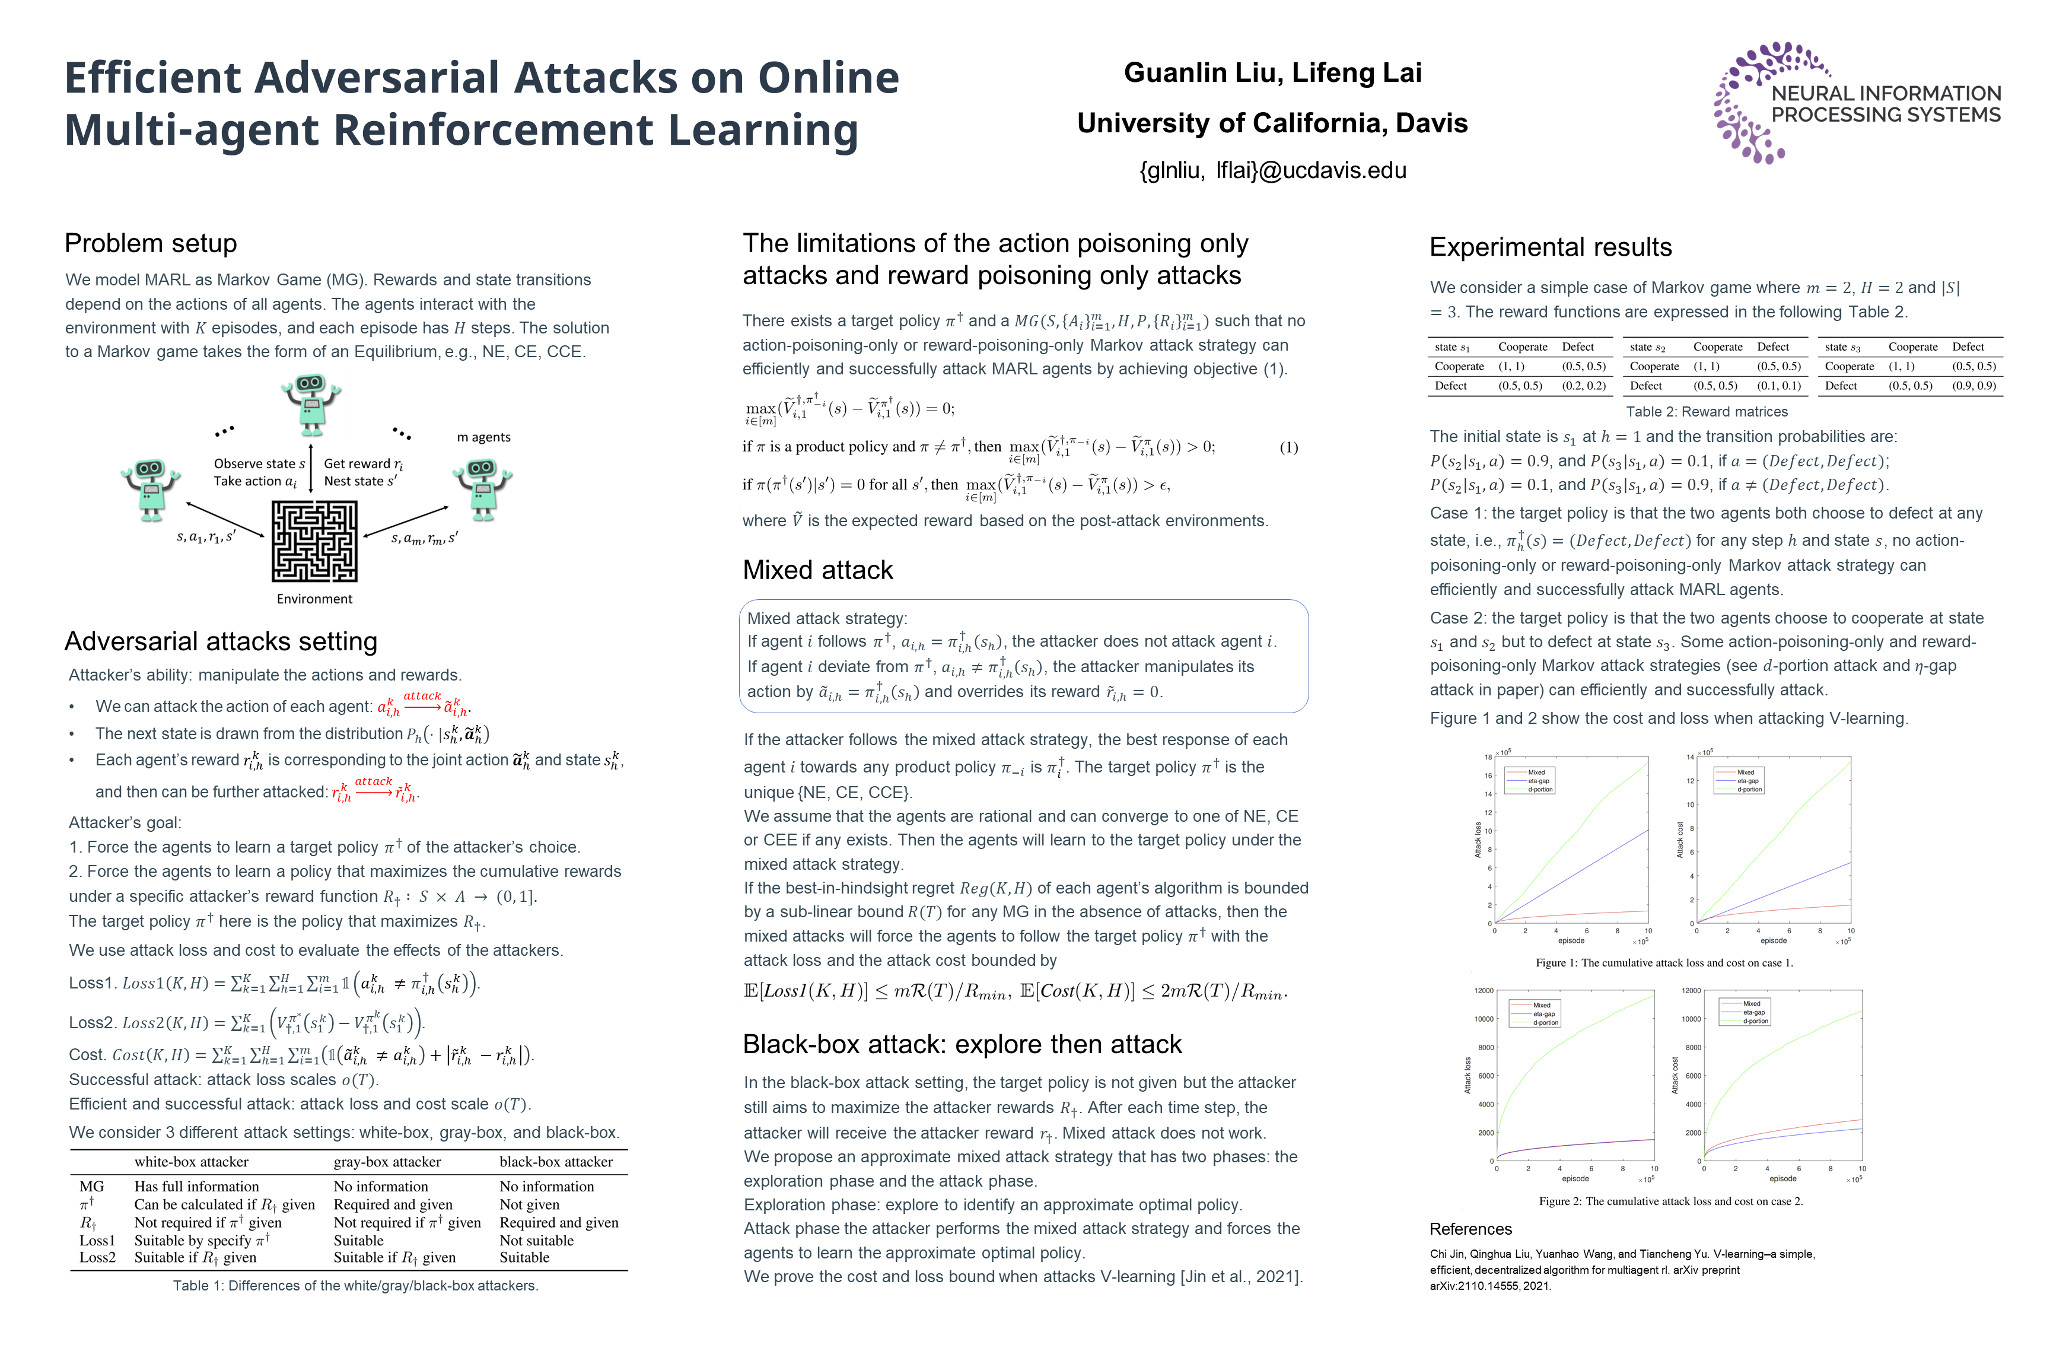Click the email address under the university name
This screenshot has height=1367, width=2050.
coord(1272,170)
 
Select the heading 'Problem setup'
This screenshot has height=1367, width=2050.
coord(151,243)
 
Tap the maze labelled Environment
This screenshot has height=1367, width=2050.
coord(314,541)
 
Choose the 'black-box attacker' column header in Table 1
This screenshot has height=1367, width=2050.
coord(555,1162)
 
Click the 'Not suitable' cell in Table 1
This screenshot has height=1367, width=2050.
coord(536,1241)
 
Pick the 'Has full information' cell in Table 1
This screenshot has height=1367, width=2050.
coord(196,1187)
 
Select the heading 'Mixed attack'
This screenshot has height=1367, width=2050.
coord(817,570)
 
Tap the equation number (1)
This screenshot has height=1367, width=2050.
coord(1288,447)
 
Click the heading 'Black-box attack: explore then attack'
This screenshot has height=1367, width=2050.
coord(962,1044)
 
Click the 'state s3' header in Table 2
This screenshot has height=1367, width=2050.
coord(1842,347)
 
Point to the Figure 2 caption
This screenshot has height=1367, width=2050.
coord(1670,1201)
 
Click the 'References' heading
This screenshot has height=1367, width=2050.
coord(1470,1229)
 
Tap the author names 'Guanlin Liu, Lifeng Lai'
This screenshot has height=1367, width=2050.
coord(1272,72)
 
